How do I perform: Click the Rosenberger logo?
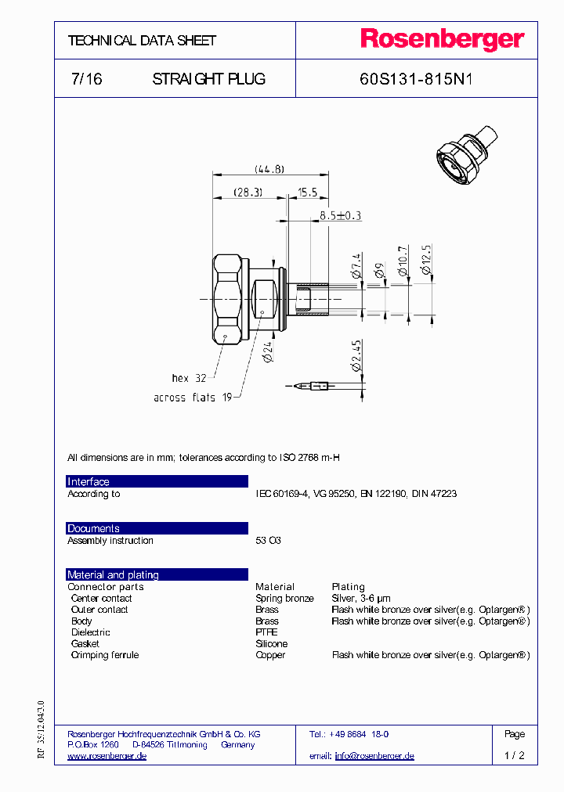[442, 40]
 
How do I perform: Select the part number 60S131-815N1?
[415, 79]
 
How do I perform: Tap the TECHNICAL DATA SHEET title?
[142, 40]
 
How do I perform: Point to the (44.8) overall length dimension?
[269, 169]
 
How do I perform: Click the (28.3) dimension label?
[248, 192]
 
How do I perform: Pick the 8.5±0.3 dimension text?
[340, 215]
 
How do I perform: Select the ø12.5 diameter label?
[426, 259]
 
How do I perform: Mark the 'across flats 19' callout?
[193, 398]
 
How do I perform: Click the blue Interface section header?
[157, 481]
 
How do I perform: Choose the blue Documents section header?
[157, 528]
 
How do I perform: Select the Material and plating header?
[157, 574]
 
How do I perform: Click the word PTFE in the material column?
[266, 632]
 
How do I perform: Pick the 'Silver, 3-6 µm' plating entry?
[361, 598]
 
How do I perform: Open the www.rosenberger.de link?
[107, 756]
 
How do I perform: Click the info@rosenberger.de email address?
[374, 756]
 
